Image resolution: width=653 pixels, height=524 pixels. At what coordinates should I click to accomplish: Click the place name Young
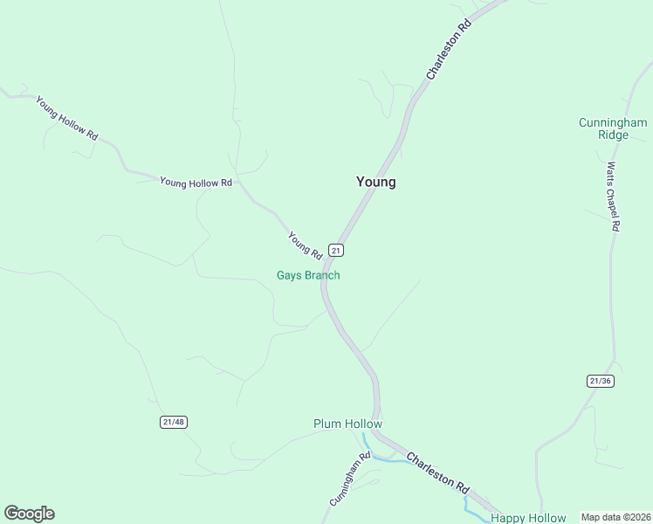(375, 182)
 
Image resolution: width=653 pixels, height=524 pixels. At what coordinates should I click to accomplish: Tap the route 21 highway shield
(337, 250)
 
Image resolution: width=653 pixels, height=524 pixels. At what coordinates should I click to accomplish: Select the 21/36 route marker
(599, 381)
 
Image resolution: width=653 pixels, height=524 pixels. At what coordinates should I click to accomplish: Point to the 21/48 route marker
(174, 422)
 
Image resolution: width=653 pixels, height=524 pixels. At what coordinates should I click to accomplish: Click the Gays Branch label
(308, 275)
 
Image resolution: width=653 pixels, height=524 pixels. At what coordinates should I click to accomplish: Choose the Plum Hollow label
(347, 424)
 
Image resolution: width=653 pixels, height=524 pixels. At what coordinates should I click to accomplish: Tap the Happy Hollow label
(528, 518)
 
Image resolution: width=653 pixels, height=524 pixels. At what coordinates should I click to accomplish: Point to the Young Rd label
(306, 245)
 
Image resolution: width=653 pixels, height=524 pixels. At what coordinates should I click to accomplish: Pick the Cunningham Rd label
(351, 479)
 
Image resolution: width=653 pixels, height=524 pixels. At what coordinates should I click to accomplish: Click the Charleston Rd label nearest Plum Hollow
(438, 472)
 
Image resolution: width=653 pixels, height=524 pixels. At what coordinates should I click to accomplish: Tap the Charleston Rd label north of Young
(449, 52)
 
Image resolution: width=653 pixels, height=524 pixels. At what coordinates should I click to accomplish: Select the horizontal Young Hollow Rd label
(196, 183)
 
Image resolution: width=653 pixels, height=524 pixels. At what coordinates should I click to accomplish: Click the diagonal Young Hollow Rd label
(66, 115)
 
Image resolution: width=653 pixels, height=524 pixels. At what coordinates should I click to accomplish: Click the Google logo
(29, 514)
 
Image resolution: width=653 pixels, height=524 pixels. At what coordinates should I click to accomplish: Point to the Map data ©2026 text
(615, 517)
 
